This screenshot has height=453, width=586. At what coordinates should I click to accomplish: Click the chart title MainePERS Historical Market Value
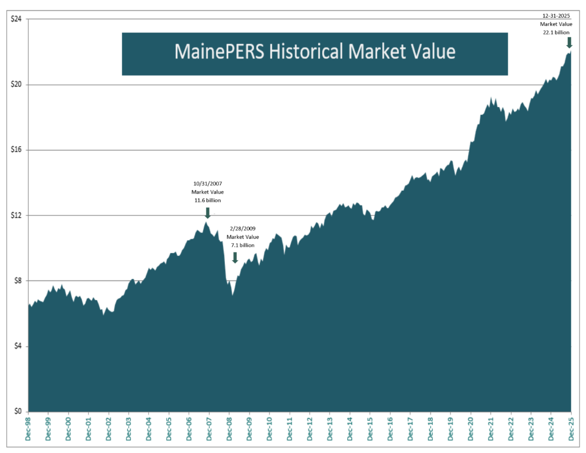pyautogui.click(x=315, y=52)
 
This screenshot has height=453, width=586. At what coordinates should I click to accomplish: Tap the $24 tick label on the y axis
pyautogui.click(x=16, y=19)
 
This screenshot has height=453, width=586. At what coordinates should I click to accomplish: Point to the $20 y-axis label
pyautogui.click(x=16, y=84)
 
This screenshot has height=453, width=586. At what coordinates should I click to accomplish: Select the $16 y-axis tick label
pyautogui.click(x=16, y=150)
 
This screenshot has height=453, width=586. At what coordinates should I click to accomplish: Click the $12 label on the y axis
pyautogui.click(x=16, y=215)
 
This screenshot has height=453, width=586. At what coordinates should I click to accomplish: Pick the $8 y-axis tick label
pyautogui.click(x=17, y=281)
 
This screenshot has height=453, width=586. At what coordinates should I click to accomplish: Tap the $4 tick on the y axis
pyautogui.click(x=17, y=346)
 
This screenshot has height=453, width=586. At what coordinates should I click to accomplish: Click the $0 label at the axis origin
pyautogui.click(x=17, y=411)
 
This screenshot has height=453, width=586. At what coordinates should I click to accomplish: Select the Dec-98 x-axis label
pyautogui.click(x=28, y=428)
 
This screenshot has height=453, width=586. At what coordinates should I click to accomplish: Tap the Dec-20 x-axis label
pyautogui.click(x=470, y=428)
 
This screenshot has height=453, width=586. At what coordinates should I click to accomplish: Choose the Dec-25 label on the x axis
pyautogui.click(x=571, y=428)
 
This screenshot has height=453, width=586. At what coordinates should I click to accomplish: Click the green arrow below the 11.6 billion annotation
pyautogui.click(x=207, y=212)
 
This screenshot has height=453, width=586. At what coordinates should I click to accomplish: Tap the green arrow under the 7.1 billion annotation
pyautogui.click(x=235, y=257)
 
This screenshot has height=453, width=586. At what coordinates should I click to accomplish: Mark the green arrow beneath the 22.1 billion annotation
pyautogui.click(x=569, y=42)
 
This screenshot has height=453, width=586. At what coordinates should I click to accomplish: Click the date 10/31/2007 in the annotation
pyautogui.click(x=207, y=184)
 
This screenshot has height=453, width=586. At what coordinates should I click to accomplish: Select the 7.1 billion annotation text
pyautogui.click(x=243, y=245)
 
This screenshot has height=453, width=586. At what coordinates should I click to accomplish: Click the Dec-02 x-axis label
pyautogui.click(x=109, y=428)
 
